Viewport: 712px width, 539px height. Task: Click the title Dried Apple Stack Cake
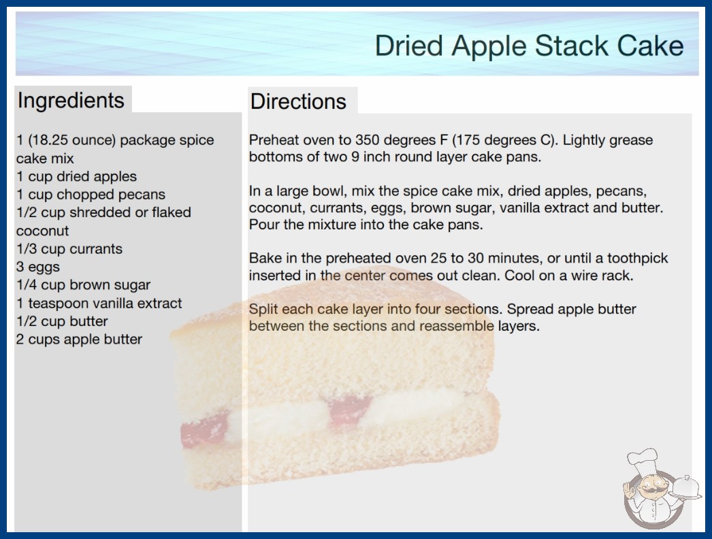[529, 46]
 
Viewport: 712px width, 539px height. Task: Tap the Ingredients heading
[71, 101]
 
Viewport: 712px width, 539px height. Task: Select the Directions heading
[298, 101]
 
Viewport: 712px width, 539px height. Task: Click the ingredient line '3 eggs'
[38, 267]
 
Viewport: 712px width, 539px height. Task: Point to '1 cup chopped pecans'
[91, 195]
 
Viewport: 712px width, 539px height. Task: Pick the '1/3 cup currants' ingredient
[69, 249]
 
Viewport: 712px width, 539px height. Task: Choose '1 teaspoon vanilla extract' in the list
[99, 303]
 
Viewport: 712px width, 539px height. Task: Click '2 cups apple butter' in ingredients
[80, 339]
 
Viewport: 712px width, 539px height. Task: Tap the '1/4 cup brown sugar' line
[84, 284]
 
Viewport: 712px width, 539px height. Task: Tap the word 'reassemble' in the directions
[456, 326]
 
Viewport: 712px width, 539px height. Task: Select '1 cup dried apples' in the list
[76, 176]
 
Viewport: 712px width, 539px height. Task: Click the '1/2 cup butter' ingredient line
[62, 321]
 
